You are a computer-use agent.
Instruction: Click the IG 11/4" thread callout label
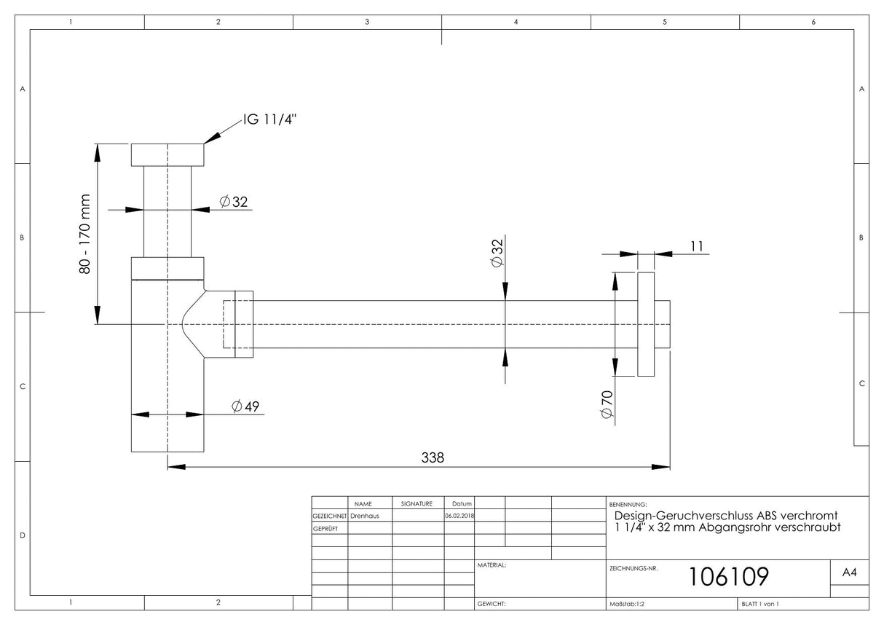pos(269,119)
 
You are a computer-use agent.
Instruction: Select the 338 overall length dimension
pos(433,457)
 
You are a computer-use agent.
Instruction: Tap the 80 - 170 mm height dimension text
pos(85,234)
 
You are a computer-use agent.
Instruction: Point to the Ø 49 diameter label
pos(245,406)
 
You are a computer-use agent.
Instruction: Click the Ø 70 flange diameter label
pos(607,404)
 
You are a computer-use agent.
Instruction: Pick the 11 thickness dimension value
pos(697,246)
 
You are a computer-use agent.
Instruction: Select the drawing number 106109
pos(728,577)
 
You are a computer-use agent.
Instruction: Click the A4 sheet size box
pos(849,572)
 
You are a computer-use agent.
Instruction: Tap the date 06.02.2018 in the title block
pos(459,516)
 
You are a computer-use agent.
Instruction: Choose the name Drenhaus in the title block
pos(365,516)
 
